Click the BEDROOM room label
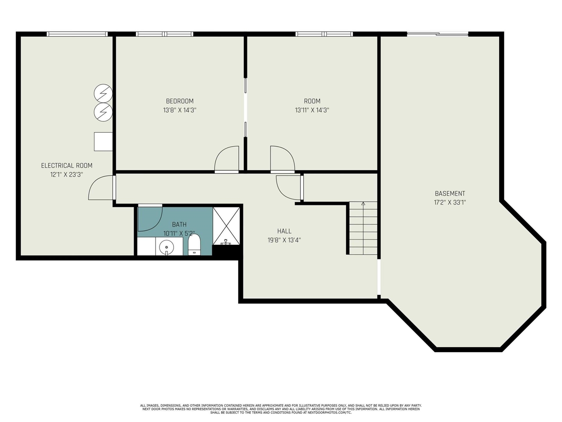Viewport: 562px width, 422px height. point(179,101)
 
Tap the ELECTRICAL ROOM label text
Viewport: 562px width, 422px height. point(67,166)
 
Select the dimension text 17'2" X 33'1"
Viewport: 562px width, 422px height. point(450,203)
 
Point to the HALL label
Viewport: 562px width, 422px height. point(284,231)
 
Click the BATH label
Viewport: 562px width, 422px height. point(179,225)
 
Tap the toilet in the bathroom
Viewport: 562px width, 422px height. point(194,244)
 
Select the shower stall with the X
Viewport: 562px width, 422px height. point(226,226)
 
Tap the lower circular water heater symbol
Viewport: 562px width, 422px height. point(103,112)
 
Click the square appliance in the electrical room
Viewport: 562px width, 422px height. point(103,142)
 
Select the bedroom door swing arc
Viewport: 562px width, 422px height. point(226,159)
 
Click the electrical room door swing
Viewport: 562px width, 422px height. point(101,188)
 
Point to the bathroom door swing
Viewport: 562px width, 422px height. point(149,218)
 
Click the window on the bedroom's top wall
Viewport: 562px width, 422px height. point(164,34)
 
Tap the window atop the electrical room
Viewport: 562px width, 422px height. point(77,34)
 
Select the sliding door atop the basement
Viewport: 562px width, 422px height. point(438,34)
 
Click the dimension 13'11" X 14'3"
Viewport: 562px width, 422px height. point(312,110)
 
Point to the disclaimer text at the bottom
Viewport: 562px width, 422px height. point(281,409)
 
